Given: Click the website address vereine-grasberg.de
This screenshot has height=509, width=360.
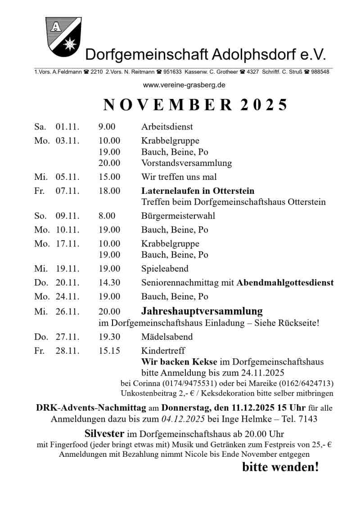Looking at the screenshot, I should tap(184, 85).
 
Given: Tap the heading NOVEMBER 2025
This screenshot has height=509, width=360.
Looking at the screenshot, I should tap(195, 104).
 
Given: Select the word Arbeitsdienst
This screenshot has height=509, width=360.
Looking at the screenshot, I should tap(167, 127).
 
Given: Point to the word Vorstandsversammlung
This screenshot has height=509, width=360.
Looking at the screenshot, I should tap(186, 163).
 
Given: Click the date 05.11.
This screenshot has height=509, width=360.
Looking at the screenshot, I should tap(67, 177).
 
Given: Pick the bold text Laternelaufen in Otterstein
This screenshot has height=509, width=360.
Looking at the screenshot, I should tap(198, 191).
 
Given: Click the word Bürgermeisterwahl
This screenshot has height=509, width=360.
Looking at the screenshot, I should tap(178, 216).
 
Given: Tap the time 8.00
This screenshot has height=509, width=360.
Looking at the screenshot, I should tap(107, 216).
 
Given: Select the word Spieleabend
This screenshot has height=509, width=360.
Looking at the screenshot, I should tap(165, 269).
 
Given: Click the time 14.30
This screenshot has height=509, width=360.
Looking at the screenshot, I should tap(109, 283).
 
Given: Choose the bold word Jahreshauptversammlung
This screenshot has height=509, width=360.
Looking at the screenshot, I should tap(202, 311).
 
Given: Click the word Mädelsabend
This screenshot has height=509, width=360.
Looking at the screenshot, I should tap(167, 337).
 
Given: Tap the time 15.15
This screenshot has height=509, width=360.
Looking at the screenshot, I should tap(109, 351).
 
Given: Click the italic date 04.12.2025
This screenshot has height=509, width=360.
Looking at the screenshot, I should tap(183, 419).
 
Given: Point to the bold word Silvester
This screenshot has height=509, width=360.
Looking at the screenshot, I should tap(104, 434).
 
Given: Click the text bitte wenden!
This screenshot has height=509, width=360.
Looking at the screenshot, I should tap(280, 467).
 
